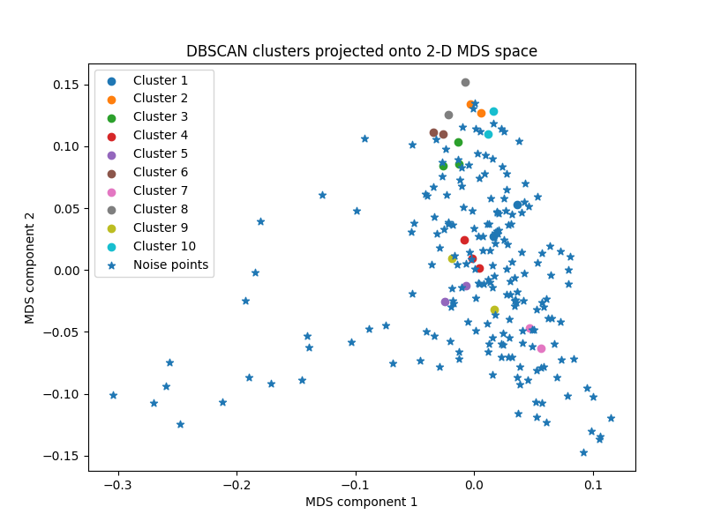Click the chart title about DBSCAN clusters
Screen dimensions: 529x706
pyautogui.click(x=361, y=51)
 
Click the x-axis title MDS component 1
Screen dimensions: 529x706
pyautogui.click(x=361, y=502)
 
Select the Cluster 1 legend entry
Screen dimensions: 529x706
pyautogui.click(x=160, y=80)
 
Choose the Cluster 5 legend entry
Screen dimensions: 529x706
pyautogui.click(x=160, y=154)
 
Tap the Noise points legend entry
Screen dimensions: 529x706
pyautogui.click(x=170, y=264)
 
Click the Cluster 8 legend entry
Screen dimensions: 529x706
pyautogui.click(x=160, y=209)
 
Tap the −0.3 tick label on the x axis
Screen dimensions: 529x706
pyautogui.click(x=117, y=485)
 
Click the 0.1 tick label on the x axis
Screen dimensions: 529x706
pyautogui.click(x=593, y=485)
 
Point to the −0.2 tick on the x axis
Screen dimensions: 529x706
pyautogui.click(x=237, y=485)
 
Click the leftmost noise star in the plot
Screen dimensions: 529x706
pyautogui.click(x=113, y=395)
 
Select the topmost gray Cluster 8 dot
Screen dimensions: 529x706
pyautogui.click(x=465, y=82)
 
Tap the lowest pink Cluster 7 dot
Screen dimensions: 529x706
pyautogui.click(x=541, y=348)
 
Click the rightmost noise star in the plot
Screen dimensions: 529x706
pyautogui.click(x=611, y=418)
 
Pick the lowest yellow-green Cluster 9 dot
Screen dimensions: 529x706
pyautogui.click(x=494, y=309)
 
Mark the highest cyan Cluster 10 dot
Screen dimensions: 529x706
pyautogui.click(x=493, y=111)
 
